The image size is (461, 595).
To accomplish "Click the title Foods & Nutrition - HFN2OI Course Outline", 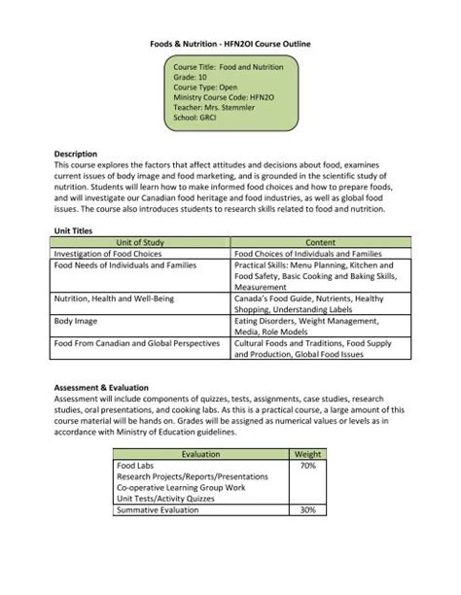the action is point(230,45).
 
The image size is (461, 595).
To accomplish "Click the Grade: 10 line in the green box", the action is point(194,77).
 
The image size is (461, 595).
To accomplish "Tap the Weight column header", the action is point(307,454).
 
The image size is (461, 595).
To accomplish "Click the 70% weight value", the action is point(307,466).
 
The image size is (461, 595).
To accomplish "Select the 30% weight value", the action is point(307,509).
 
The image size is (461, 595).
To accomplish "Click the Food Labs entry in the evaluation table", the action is point(134,466).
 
